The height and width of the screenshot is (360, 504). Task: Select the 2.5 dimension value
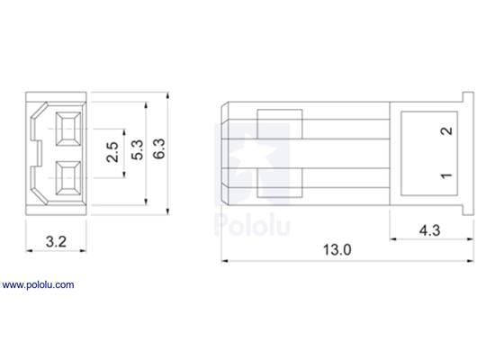[112, 154]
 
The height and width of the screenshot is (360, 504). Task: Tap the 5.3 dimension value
[137, 154]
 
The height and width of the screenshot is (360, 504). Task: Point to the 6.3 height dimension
[159, 154]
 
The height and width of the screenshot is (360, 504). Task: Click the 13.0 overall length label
[335, 250]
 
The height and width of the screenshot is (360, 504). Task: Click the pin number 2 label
[445, 131]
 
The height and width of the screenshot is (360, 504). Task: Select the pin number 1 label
[445, 175]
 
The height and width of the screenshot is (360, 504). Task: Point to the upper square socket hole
[67, 131]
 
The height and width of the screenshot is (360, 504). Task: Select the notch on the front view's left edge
[33, 154]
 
